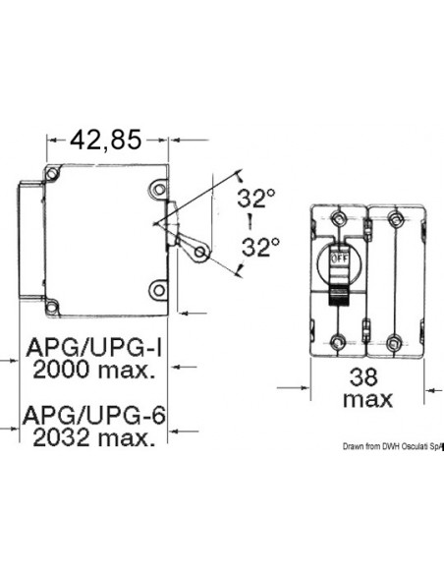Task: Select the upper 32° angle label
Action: (x=256, y=199)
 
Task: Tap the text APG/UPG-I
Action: (x=88, y=347)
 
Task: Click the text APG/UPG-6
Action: (x=89, y=417)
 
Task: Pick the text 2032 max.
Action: (x=89, y=439)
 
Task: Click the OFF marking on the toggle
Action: (x=339, y=258)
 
